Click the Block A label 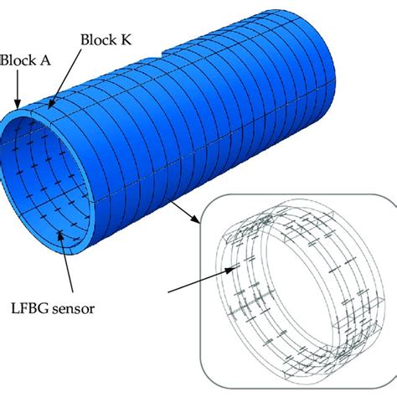click(x=21, y=60)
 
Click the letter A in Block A click(x=36, y=60)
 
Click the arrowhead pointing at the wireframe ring click(x=237, y=267)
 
